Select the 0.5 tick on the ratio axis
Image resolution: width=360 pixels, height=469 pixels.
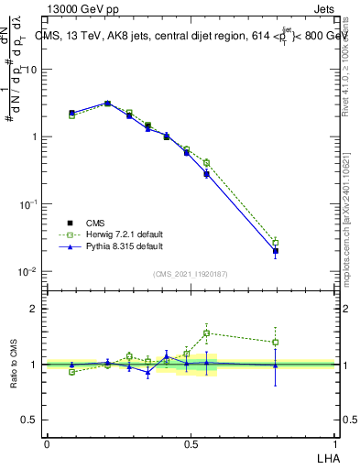29,420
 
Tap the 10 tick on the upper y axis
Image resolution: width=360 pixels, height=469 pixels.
30,70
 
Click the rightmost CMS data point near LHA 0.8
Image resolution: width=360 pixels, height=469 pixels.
276,251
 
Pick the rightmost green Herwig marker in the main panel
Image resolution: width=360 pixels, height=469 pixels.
276,242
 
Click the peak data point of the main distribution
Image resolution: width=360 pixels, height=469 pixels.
107,104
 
